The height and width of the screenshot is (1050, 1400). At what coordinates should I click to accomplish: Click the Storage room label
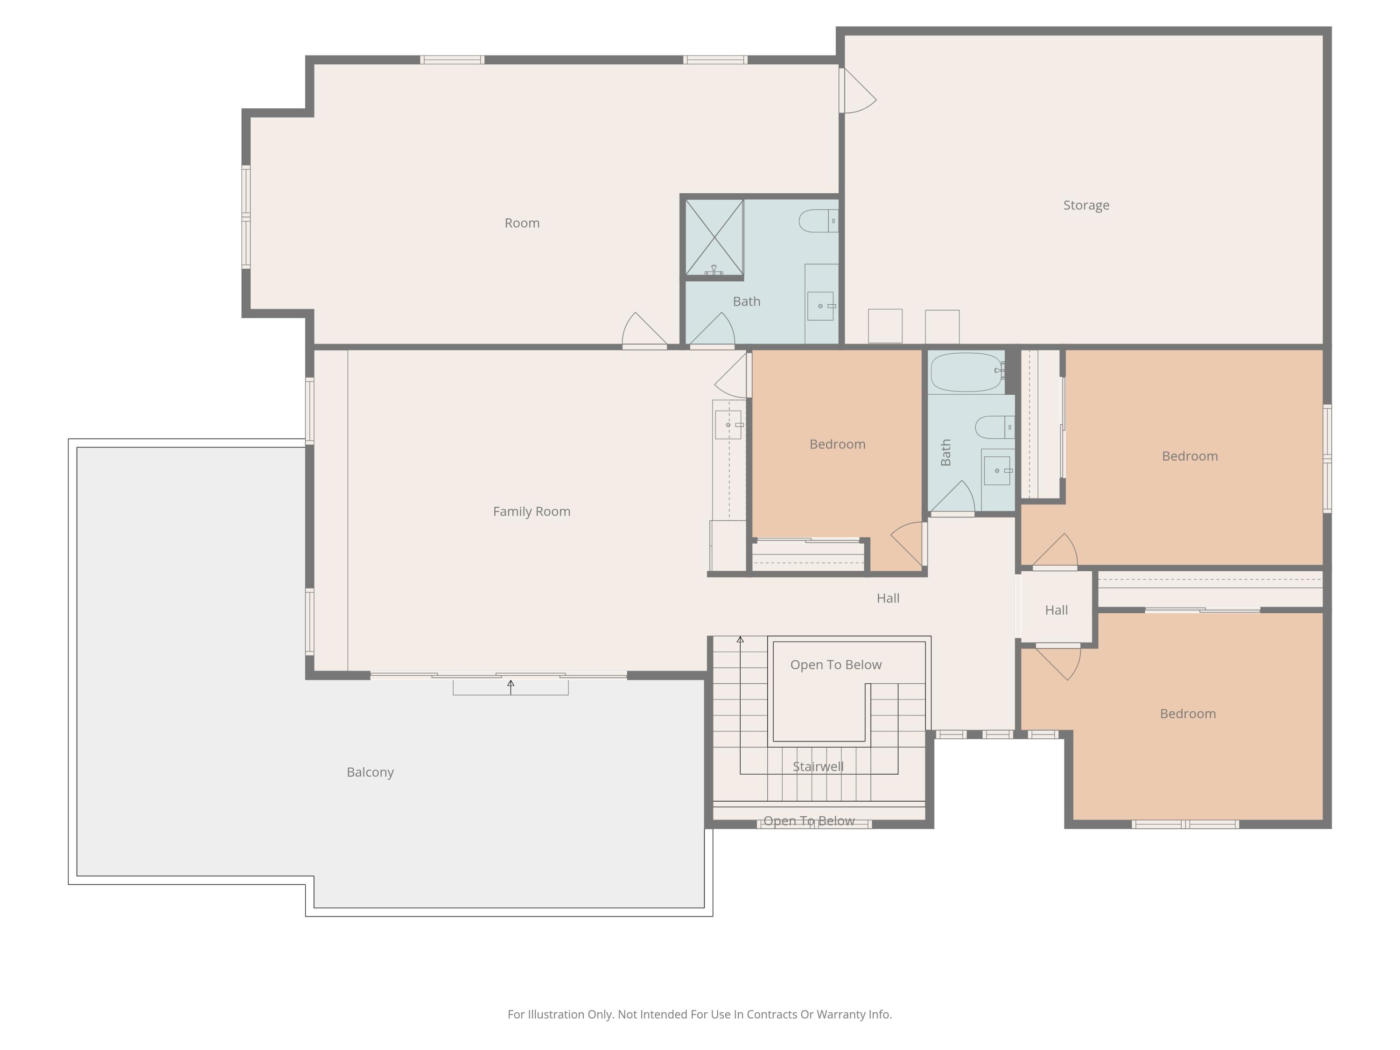(x=1086, y=205)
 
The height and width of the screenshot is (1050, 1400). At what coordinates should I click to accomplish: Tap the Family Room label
(x=532, y=511)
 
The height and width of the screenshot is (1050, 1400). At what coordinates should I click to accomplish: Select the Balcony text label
(x=370, y=772)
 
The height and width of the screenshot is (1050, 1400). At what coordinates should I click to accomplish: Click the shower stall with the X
(x=714, y=238)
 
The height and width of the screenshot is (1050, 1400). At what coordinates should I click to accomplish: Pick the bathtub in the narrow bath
(x=966, y=372)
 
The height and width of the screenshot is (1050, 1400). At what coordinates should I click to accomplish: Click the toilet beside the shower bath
(x=819, y=221)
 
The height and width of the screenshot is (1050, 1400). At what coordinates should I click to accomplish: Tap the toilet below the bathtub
(x=995, y=427)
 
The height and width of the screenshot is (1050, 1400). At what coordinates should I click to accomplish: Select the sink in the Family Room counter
(x=728, y=425)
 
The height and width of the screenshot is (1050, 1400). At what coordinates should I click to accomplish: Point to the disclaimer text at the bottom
(x=700, y=1015)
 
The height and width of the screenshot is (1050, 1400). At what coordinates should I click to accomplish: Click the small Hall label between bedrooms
(x=1057, y=610)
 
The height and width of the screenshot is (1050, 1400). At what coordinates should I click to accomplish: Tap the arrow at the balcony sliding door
(x=511, y=687)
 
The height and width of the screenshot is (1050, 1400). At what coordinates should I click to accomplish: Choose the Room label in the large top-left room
(x=522, y=223)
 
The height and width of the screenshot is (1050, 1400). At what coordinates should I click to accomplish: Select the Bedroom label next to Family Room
(x=837, y=444)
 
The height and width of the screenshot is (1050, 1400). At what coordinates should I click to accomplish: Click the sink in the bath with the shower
(x=821, y=306)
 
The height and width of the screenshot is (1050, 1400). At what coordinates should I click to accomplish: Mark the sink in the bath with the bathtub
(x=997, y=470)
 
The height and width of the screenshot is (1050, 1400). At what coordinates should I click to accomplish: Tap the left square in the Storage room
(x=885, y=326)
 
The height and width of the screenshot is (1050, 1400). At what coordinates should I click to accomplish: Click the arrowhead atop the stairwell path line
(x=740, y=639)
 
